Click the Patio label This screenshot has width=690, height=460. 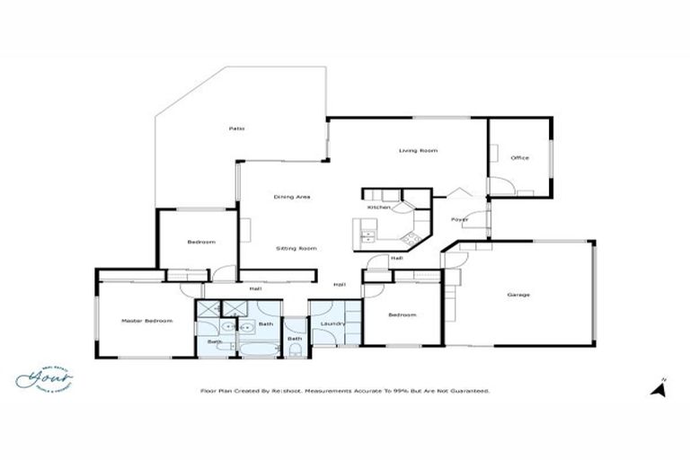[x=236, y=128]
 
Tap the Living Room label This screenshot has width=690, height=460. [x=418, y=150]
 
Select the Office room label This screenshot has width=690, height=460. [x=519, y=157]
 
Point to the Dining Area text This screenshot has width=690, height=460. [x=293, y=196]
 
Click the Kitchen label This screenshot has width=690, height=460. [x=379, y=208]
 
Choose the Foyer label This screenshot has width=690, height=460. [x=459, y=219]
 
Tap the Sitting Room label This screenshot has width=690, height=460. [x=296, y=248]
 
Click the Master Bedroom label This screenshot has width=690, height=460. [x=146, y=321]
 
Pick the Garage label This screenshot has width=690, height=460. [x=518, y=295]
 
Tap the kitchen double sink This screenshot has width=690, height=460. [x=367, y=236]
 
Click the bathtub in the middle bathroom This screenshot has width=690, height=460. [x=261, y=346]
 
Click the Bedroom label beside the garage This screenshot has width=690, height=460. [x=402, y=314]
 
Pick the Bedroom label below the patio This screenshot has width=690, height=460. [x=201, y=242]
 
